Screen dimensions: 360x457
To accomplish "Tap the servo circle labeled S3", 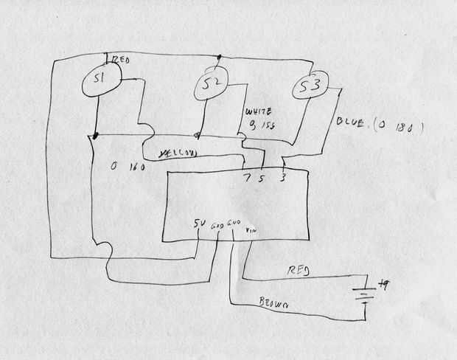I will click(310, 89).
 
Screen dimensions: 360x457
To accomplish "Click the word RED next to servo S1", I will click(121, 63).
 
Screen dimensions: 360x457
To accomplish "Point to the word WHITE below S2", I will click(259, 111).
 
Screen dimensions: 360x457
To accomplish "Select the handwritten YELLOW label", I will click(177, 153).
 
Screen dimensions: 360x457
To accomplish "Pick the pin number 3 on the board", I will click(283, 178).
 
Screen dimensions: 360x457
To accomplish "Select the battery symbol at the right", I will click(364, 291).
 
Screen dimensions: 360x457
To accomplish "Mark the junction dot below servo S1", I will click(97, 136).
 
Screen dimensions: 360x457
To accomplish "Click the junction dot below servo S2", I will click(198, 136).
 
